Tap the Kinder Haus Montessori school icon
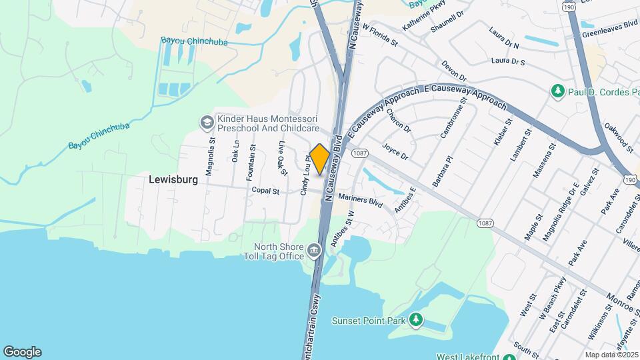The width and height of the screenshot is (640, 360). tap(207, 123)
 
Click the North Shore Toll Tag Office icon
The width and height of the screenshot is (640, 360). tap(314, 251)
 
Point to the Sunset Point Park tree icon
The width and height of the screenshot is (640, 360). tap(416, 321)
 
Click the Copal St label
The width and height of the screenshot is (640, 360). tap(265, 190)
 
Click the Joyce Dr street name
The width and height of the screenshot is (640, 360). tap(395, 151)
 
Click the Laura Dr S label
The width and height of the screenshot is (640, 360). tap(508, 61)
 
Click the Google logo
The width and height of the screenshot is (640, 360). tap(22, 352)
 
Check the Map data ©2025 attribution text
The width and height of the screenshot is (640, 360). tap(611, 355)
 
